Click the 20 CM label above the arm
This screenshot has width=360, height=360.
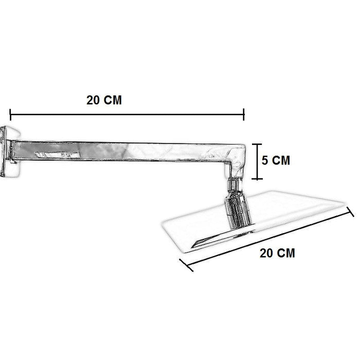tap(104, 100)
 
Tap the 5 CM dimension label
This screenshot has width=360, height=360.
tap(276, 160)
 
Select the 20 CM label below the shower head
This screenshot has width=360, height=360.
tap(277, 253)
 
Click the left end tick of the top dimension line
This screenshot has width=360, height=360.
tap(10, 115)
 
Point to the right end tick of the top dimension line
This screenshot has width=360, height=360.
tap(244, 115)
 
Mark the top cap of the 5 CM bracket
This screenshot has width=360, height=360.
tap(257, 144)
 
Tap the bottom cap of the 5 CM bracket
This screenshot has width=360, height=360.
tap(257, 178)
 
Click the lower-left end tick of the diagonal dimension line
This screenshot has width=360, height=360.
tap(186, 265)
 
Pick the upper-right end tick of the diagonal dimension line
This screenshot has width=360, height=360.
tap(350, 212)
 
